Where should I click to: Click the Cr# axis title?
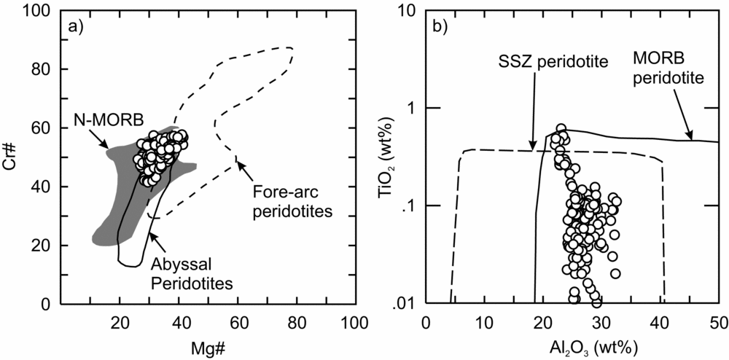click(15, 155)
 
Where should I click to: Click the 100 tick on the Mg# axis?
click(354, 321)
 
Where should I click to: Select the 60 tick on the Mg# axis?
click(237, 321)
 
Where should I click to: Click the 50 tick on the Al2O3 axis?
click(719, 321)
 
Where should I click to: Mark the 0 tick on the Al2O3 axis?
click(426, 321)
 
